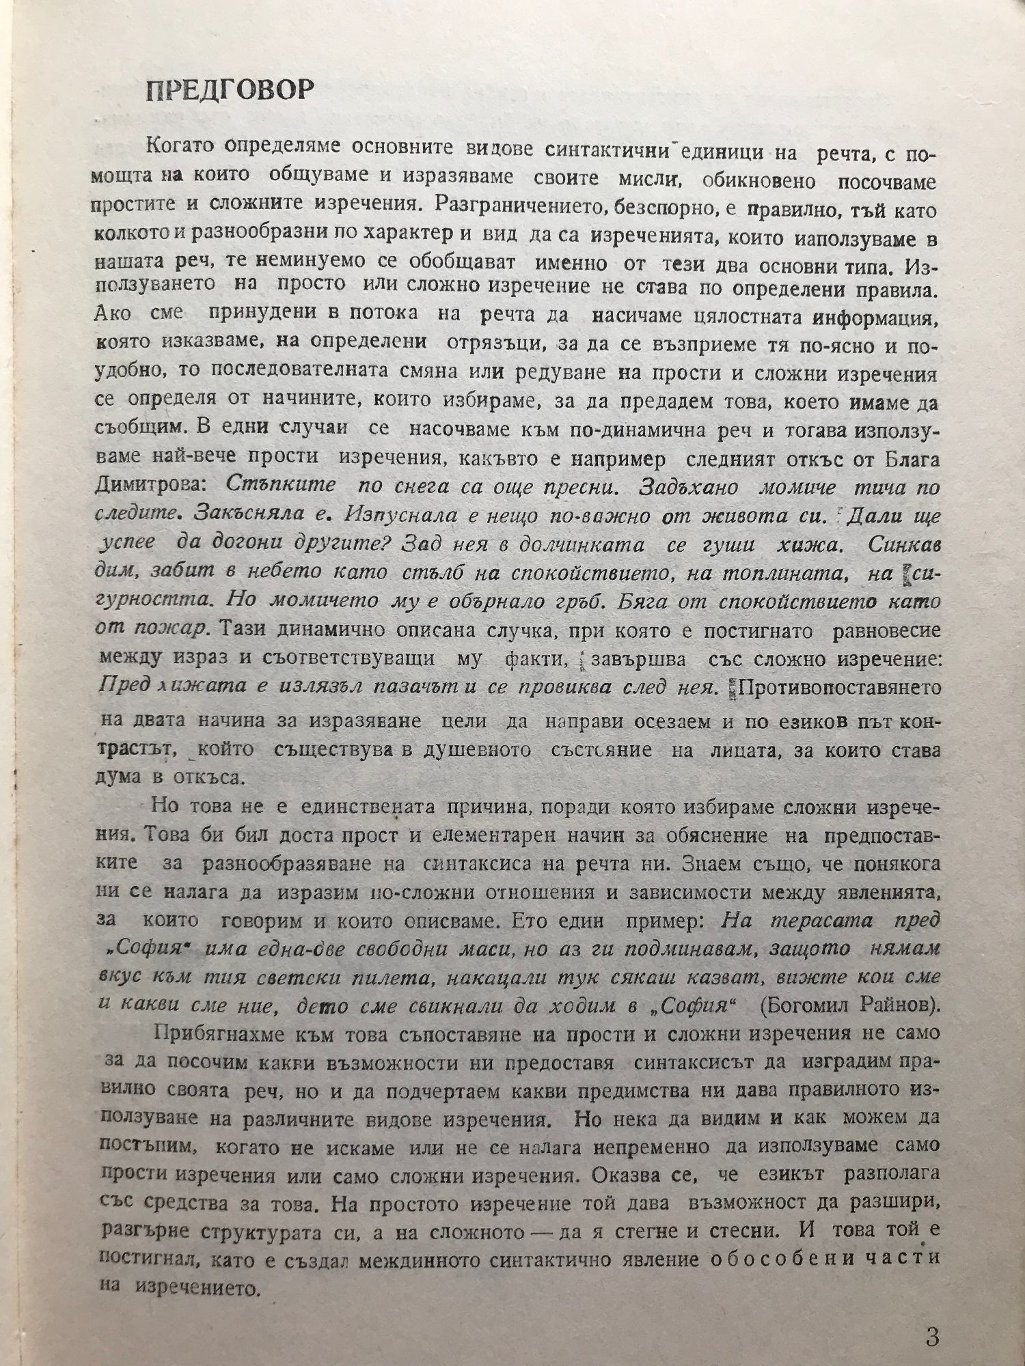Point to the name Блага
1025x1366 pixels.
pos(908,458)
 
